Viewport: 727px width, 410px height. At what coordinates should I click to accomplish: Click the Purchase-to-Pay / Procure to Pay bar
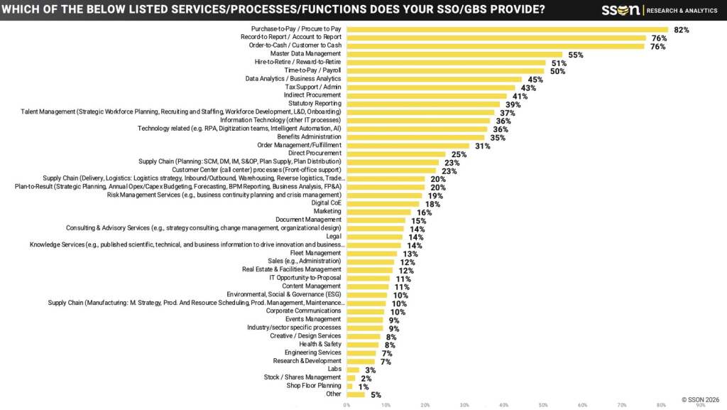(x=507, y=30)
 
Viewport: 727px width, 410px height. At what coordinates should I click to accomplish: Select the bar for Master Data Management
(x=454, y=54)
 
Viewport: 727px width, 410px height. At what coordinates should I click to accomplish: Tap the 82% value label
(x=681, y=30)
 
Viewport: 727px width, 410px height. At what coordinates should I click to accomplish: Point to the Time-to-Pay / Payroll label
(x=313, y=70)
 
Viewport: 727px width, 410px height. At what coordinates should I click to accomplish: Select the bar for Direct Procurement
(x=395, y=153)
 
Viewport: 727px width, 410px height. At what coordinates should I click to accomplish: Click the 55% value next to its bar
(x=575, y=55)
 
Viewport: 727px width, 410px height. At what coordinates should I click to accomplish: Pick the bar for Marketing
(x=378, y=212)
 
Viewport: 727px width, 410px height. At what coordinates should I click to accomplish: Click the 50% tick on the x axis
(x=542, y=405)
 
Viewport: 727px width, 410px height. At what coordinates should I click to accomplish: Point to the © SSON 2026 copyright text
(x=700, y=400)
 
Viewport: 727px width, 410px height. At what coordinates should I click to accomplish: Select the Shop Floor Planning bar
(x=349, y=386)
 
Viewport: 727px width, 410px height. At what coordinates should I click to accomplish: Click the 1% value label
(x=363, y=387)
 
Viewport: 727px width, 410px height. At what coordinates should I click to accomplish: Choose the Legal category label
(x=334, y=237)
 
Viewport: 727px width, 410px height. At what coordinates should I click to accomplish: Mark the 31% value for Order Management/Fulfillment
(x=482, y=146)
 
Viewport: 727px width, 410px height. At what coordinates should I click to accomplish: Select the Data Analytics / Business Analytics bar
(x=434, y=79)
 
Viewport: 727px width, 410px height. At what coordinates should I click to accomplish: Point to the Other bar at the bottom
(x=356, y=394)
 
